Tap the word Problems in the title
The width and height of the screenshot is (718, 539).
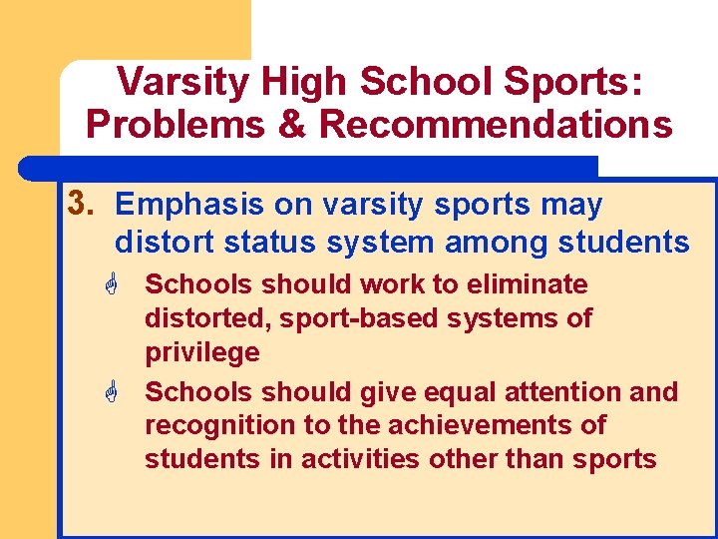162,126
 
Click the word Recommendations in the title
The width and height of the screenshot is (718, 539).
496,126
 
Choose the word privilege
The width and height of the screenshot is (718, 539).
202,352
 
